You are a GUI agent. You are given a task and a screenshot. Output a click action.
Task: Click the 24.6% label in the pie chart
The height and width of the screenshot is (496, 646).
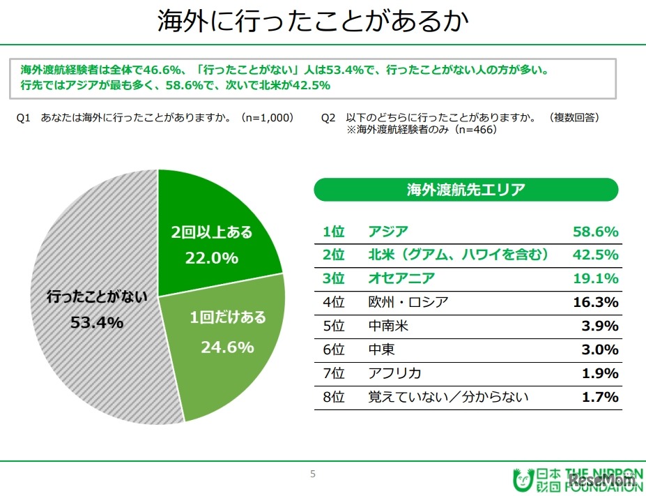click(x=227, y=346)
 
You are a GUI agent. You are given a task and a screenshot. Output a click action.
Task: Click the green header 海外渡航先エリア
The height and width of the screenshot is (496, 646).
click(x=466, y=189)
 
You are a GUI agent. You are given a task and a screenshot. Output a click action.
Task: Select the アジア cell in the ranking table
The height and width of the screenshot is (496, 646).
click(x=387, y=232)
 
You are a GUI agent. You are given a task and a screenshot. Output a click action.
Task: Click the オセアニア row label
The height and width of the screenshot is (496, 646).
click(x=401, y=278)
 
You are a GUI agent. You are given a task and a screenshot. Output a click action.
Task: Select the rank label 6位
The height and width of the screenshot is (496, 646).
click(x=334, y=350)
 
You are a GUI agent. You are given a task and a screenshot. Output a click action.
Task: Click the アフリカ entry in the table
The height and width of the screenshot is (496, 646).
click(x=394, y=373)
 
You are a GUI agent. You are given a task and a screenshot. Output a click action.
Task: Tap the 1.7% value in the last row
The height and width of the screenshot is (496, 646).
click(x=599, y=397)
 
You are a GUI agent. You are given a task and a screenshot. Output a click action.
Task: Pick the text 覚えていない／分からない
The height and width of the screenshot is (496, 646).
click(x=448, y=397)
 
